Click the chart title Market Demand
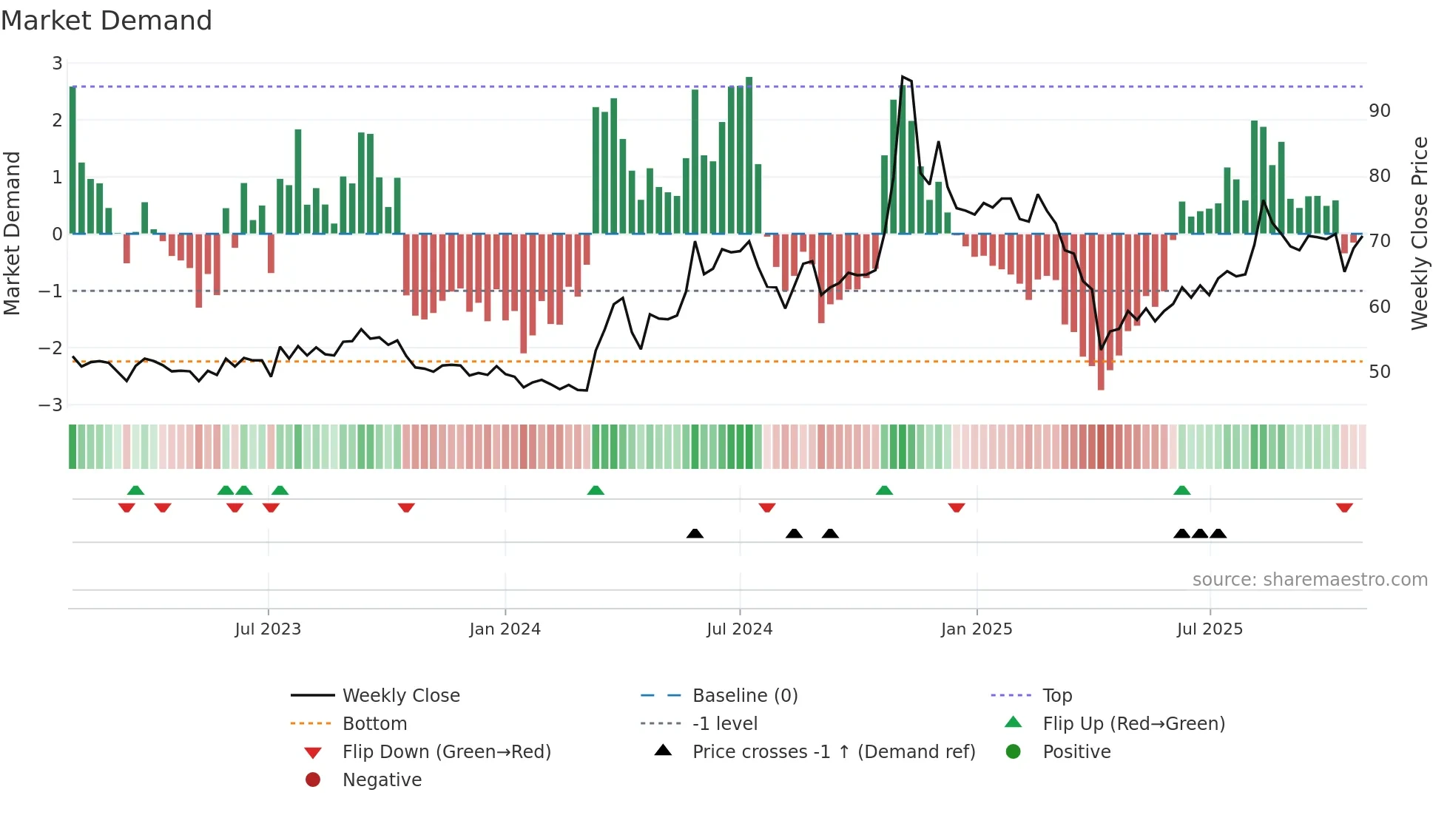[107, 21]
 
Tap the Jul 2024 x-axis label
[739, 629]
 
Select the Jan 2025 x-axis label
[976, 629]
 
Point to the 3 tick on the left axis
[57, 64]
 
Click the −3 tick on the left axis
[51, 405]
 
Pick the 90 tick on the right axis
[1380, 111]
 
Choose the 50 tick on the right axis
[1380, 372]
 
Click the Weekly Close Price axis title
[1419, 233]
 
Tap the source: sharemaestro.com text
[1309, 580]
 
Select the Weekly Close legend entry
[400, 696]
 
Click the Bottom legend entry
[374, 724]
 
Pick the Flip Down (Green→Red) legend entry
[446, 752]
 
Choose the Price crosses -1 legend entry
[833, 752]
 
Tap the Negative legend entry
[382, 780]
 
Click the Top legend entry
[1056, 696]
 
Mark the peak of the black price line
[903, 77]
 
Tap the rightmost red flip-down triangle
[1344, 507]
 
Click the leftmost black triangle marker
[695, 533]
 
